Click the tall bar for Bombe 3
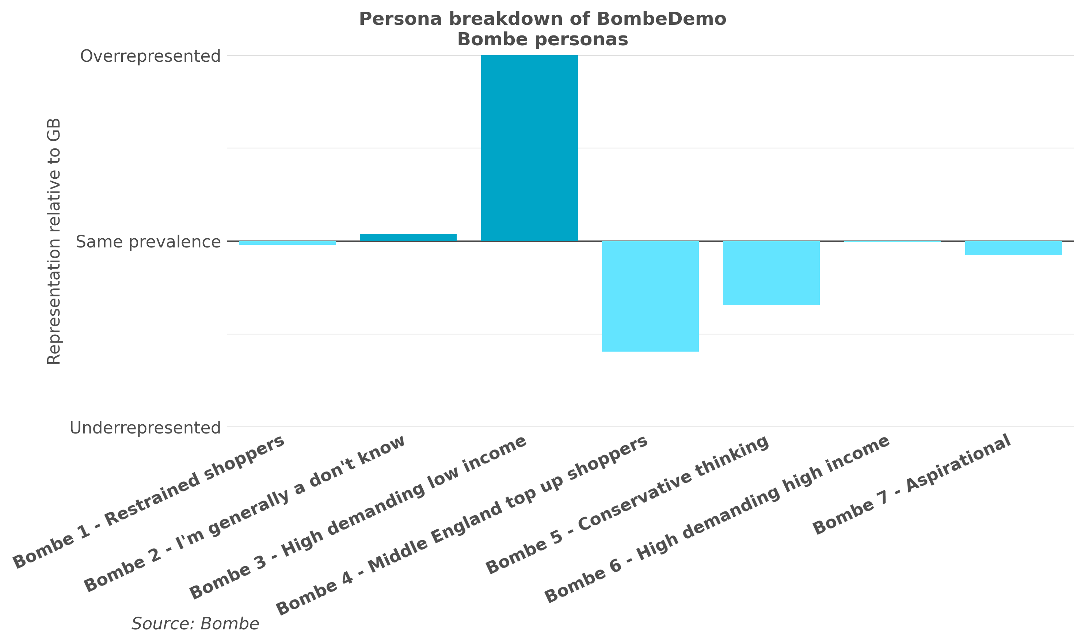tap(529, 148)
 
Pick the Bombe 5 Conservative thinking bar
tap(771, 273)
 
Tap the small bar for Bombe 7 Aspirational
tap(1013, 248)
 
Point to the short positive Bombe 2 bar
tap(408, 237)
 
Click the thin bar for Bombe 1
tap(287, 243)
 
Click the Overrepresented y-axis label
tap(150, 56)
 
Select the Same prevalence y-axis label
tap(148, 242)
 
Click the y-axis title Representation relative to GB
tap(54, 241)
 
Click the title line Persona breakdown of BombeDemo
tap(542, 19)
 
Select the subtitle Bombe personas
tap(542, 39)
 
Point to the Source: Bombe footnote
tap(195, 624)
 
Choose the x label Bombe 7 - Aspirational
tap(912, 484)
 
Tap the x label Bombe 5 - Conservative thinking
tap(627, 505)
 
